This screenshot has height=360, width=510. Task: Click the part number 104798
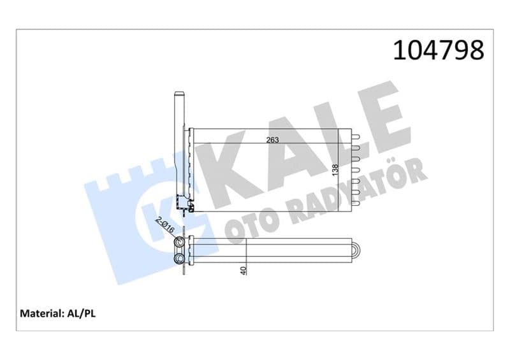(439, 50)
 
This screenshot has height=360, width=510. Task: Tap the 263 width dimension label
(273, 140)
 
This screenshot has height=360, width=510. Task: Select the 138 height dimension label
(335, 170)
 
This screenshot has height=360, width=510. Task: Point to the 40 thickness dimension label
(244, 270)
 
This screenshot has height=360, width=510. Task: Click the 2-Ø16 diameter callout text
(165, 225)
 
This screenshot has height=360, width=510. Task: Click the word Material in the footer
(41, 313)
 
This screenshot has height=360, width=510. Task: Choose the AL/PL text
(82, 313)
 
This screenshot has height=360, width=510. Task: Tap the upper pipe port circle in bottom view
(179, 242)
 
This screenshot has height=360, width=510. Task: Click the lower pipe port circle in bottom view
(179, 259)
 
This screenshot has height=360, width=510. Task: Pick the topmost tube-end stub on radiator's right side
(356, 136)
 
